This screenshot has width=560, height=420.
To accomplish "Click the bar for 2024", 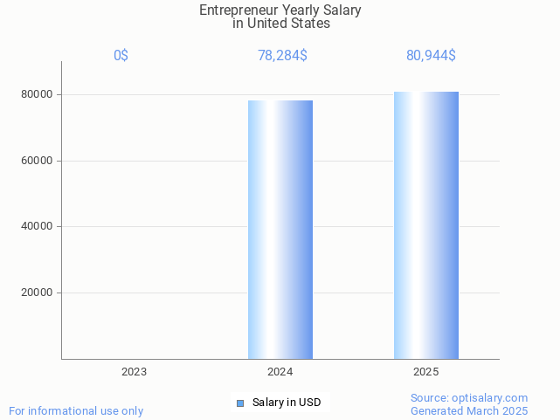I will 280,230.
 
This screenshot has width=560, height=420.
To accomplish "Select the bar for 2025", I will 425,225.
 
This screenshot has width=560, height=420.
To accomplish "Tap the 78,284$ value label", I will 282,56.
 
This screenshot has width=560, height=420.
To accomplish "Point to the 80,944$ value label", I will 431,56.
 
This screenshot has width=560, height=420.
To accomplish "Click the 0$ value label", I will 121,56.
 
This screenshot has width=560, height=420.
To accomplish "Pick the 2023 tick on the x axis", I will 134,372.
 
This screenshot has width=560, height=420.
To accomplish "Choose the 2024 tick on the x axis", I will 280,372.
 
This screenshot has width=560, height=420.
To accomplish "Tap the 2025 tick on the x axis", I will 425,372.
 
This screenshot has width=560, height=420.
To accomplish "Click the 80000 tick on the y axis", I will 38,94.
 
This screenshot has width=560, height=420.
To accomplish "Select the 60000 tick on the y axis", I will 38,161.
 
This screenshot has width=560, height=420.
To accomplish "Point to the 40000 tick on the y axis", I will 38,227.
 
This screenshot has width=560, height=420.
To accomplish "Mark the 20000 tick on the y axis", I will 38,293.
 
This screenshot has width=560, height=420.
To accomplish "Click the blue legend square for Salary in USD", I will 240,403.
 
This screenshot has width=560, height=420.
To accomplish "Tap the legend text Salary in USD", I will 287,403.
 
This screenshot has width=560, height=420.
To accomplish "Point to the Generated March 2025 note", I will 469,410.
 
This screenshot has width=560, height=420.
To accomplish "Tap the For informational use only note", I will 76,410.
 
